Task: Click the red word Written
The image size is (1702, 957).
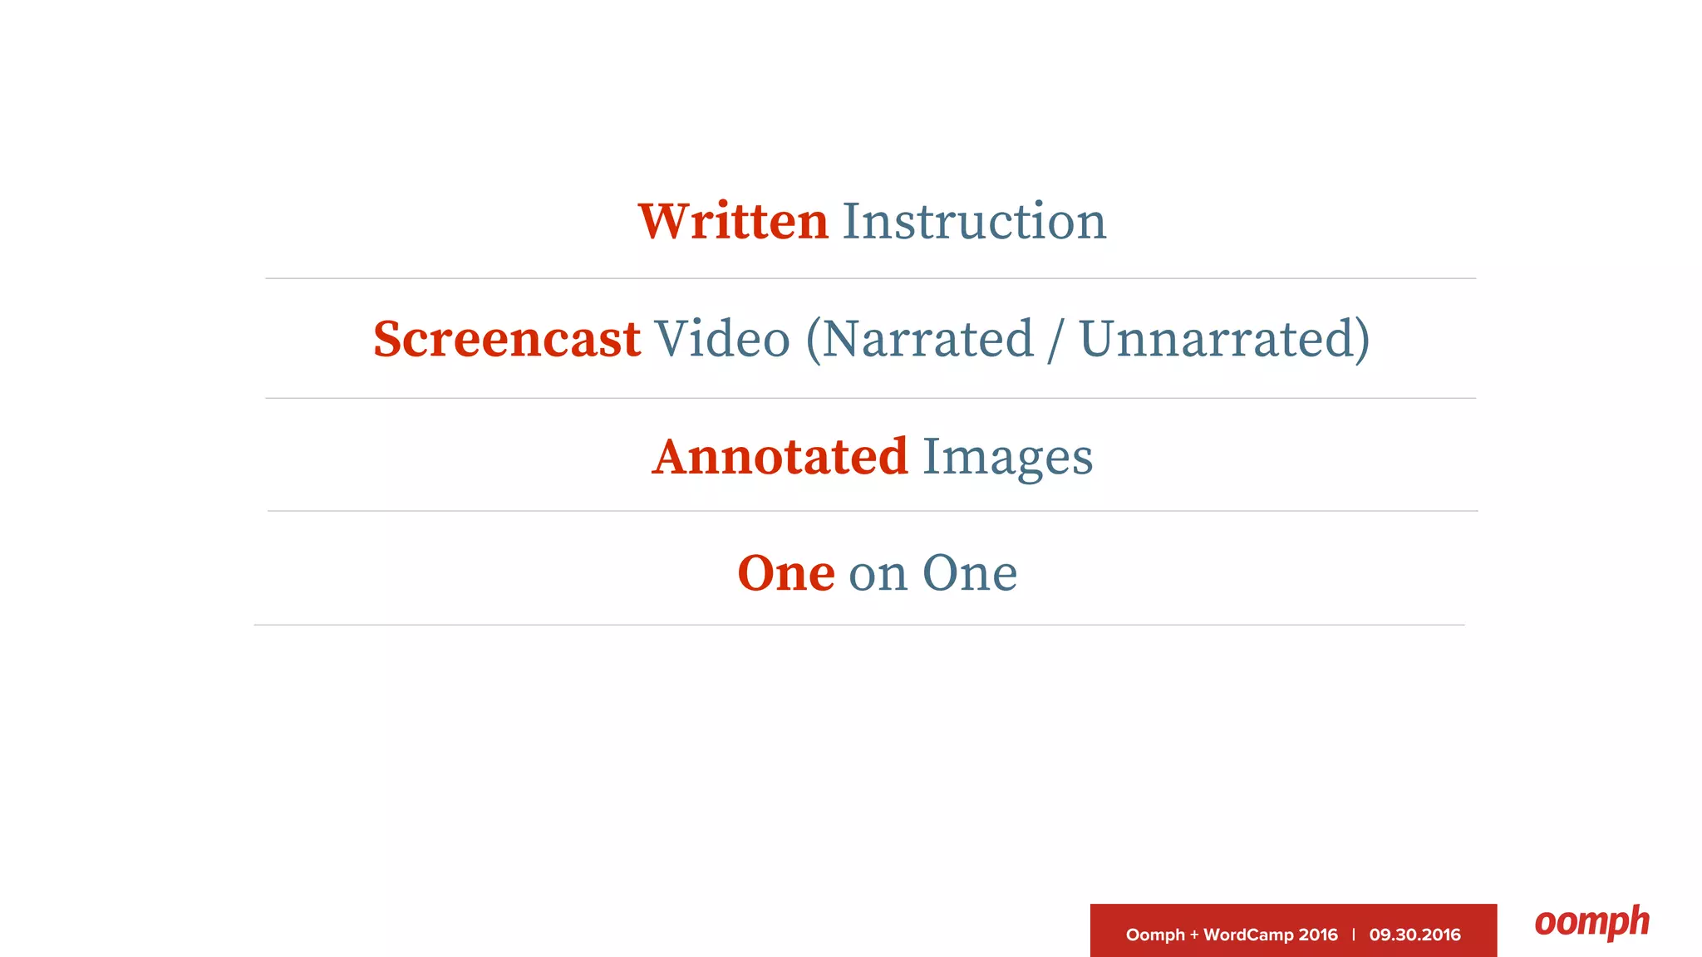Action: (x=733, y=222)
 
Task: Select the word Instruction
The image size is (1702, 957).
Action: (x=974, y=222)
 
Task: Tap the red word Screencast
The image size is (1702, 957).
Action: (x=507, y=339)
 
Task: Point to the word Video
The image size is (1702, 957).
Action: (x=722, y=339)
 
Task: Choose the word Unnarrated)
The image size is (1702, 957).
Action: (x=1224, y=339)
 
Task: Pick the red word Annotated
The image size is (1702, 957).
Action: (x=780, y=457)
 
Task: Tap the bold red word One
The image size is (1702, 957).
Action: (x=786, y=573)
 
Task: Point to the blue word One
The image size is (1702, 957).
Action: (x=970, y=573)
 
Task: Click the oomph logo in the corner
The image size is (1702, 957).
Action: (x=1591, y=923)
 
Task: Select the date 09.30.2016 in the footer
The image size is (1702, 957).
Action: (x=1414, y=935)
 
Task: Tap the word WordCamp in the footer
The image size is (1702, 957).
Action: (x=1248, y=935)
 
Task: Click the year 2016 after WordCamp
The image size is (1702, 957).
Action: (x=1318, y=935)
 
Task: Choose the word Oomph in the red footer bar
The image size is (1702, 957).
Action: (x=1155, y=935)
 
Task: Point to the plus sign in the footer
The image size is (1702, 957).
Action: (x=1194, y=935)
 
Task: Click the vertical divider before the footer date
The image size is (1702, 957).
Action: (x=1354, y=935)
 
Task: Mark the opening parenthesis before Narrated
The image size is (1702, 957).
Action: (x=813, y=341)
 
